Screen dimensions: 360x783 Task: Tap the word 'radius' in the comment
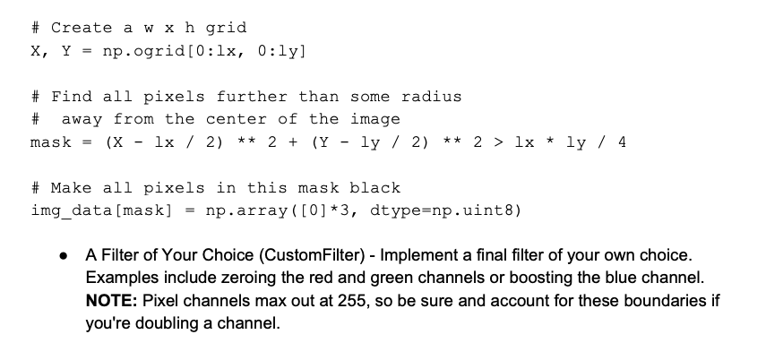[x=431, y=97]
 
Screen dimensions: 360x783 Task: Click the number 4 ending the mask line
[x=621, y=142]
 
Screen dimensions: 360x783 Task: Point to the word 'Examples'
[x=120, y=279]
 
